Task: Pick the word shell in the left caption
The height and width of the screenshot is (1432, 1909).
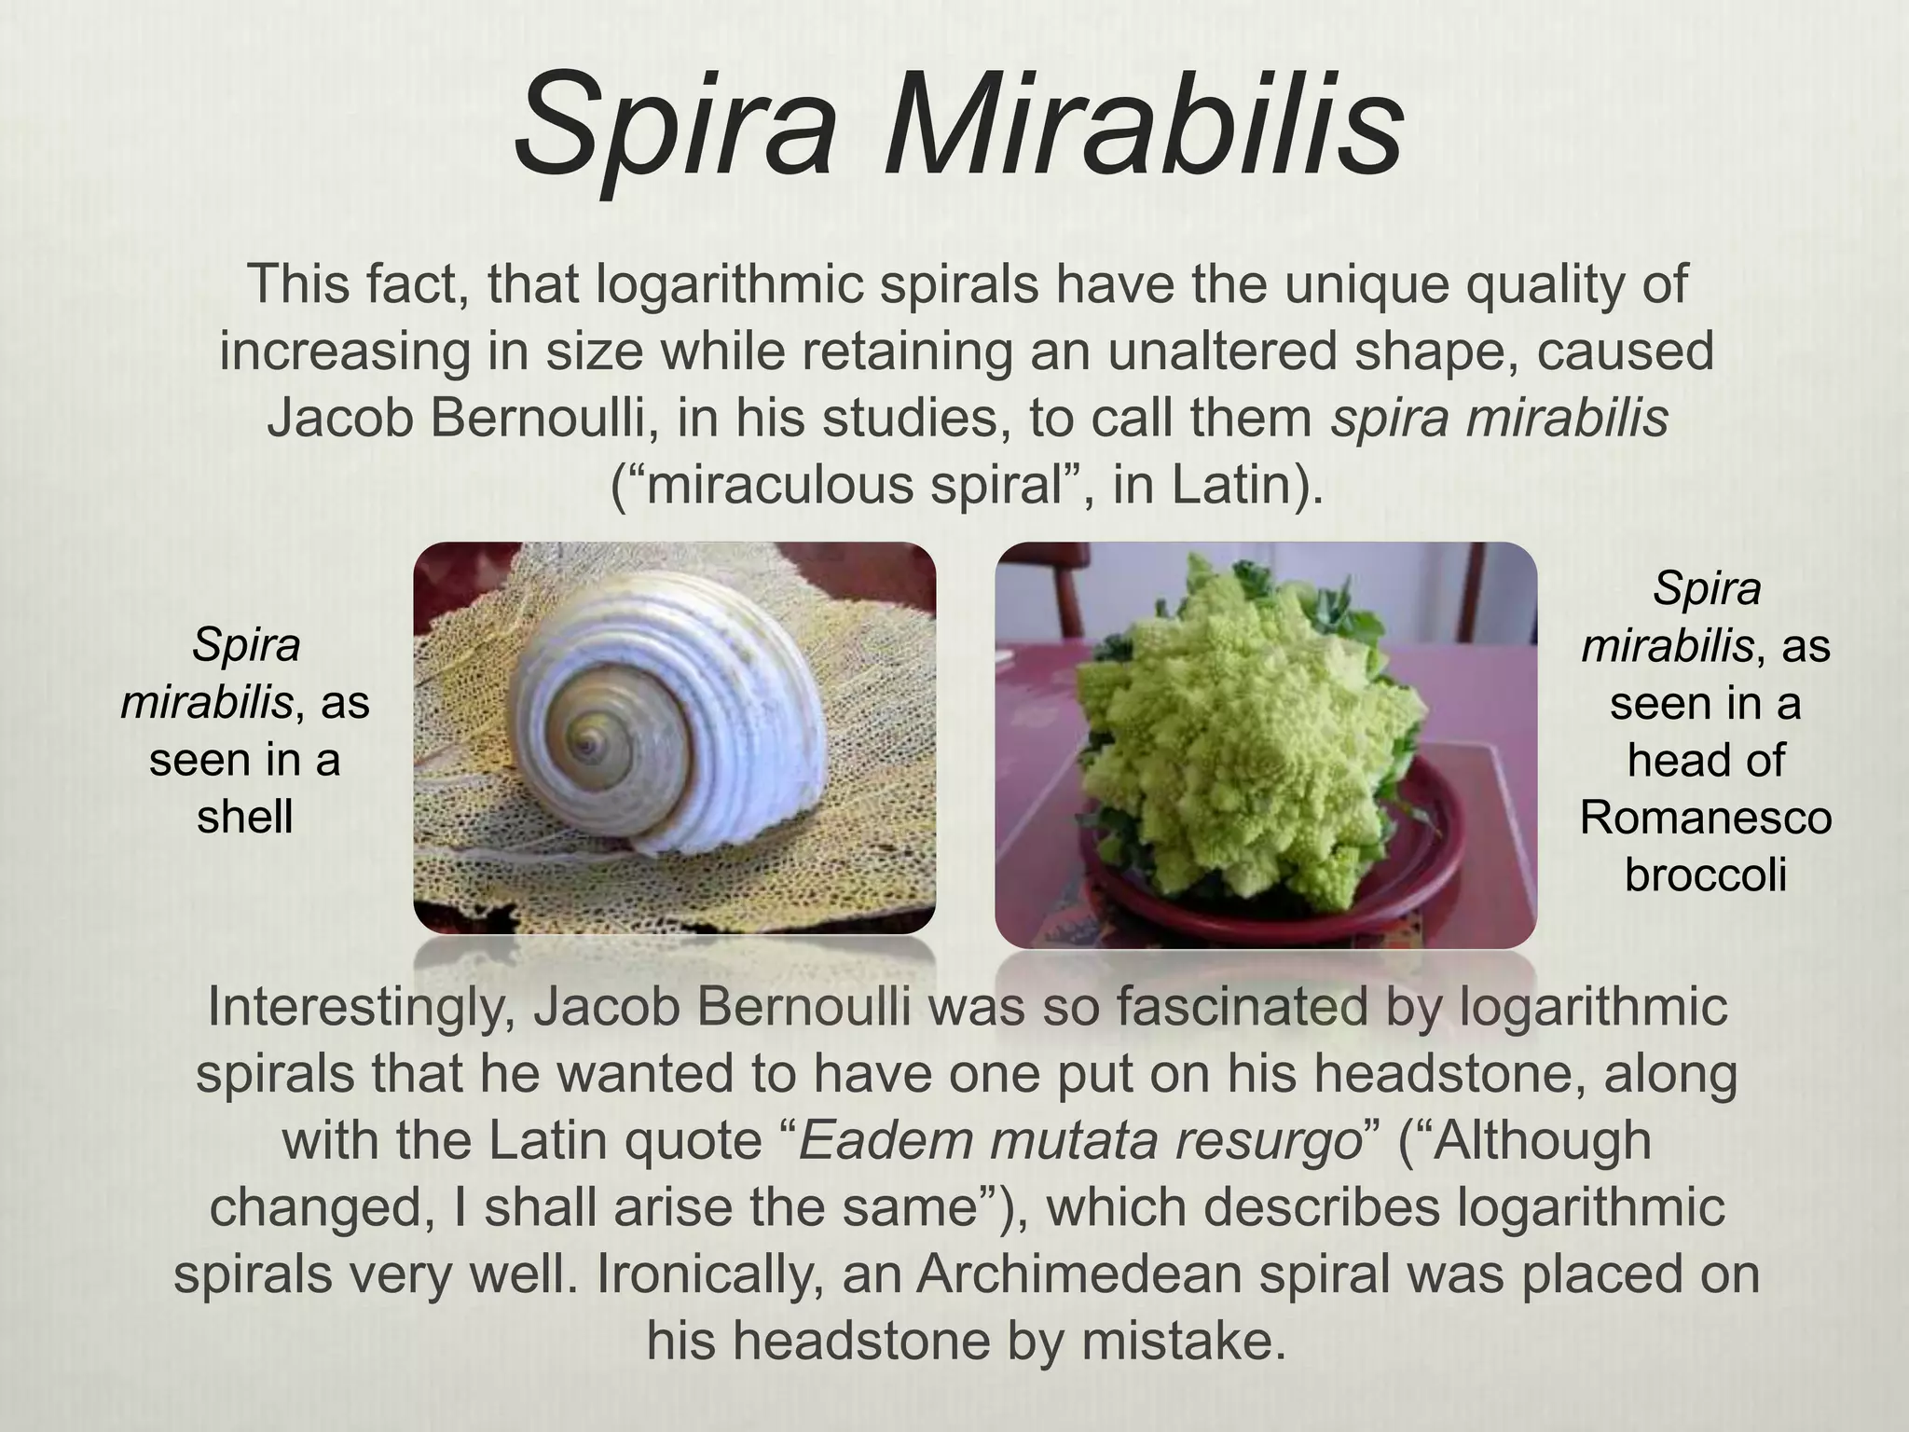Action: [244, 817]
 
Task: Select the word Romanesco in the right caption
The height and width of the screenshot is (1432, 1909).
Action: [1705, 818]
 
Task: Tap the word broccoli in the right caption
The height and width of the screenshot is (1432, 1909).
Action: [1705, 874]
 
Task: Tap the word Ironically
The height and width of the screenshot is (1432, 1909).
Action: [710, 1275]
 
